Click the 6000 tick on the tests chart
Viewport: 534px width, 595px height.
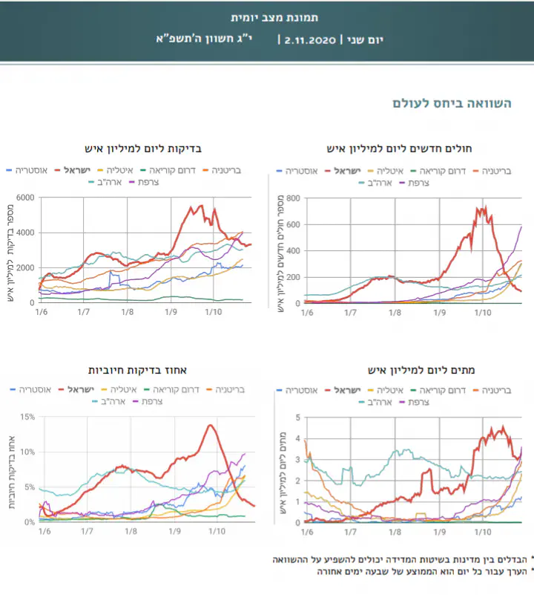pyautogui.click(x=25, y=198)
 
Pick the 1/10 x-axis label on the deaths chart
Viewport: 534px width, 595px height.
pyautogui.click(x=483, y=532)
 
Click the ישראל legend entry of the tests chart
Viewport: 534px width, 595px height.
pyautogui.click(x=77, y=171)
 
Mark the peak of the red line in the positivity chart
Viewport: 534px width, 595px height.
pyautogui.click(x=211, y=425)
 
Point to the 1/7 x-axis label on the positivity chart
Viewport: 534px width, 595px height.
pyautogui.click(x=87, y=532)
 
